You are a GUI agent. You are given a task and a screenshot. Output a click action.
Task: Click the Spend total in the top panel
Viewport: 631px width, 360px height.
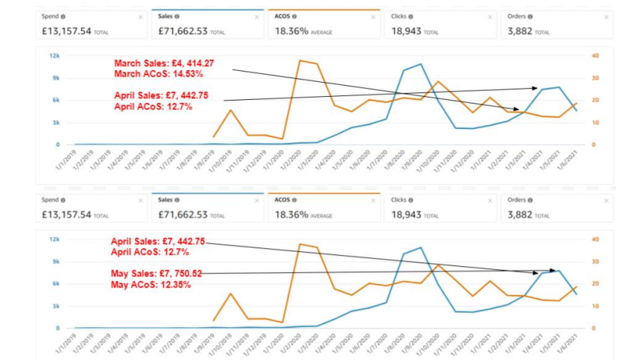[x=67, y=32]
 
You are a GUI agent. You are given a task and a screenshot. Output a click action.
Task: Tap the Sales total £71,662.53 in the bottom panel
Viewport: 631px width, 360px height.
[x=182, y=215]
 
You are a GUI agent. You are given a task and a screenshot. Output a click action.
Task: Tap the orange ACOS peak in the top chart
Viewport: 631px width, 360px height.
[x=300, y=60]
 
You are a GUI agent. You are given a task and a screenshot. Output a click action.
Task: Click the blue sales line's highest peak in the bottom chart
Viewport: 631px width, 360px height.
[x=422, y=247]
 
